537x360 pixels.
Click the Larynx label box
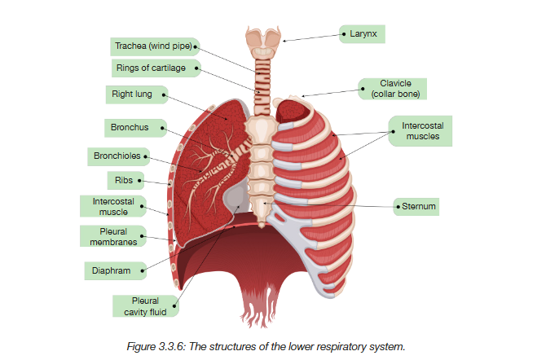[362, 34]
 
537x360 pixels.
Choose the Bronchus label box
[134, 128]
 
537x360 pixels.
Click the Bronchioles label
[118, 155]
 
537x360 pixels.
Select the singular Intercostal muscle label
[113, 206]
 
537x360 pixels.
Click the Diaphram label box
[113, 270]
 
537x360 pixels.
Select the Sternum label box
[419, 207]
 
